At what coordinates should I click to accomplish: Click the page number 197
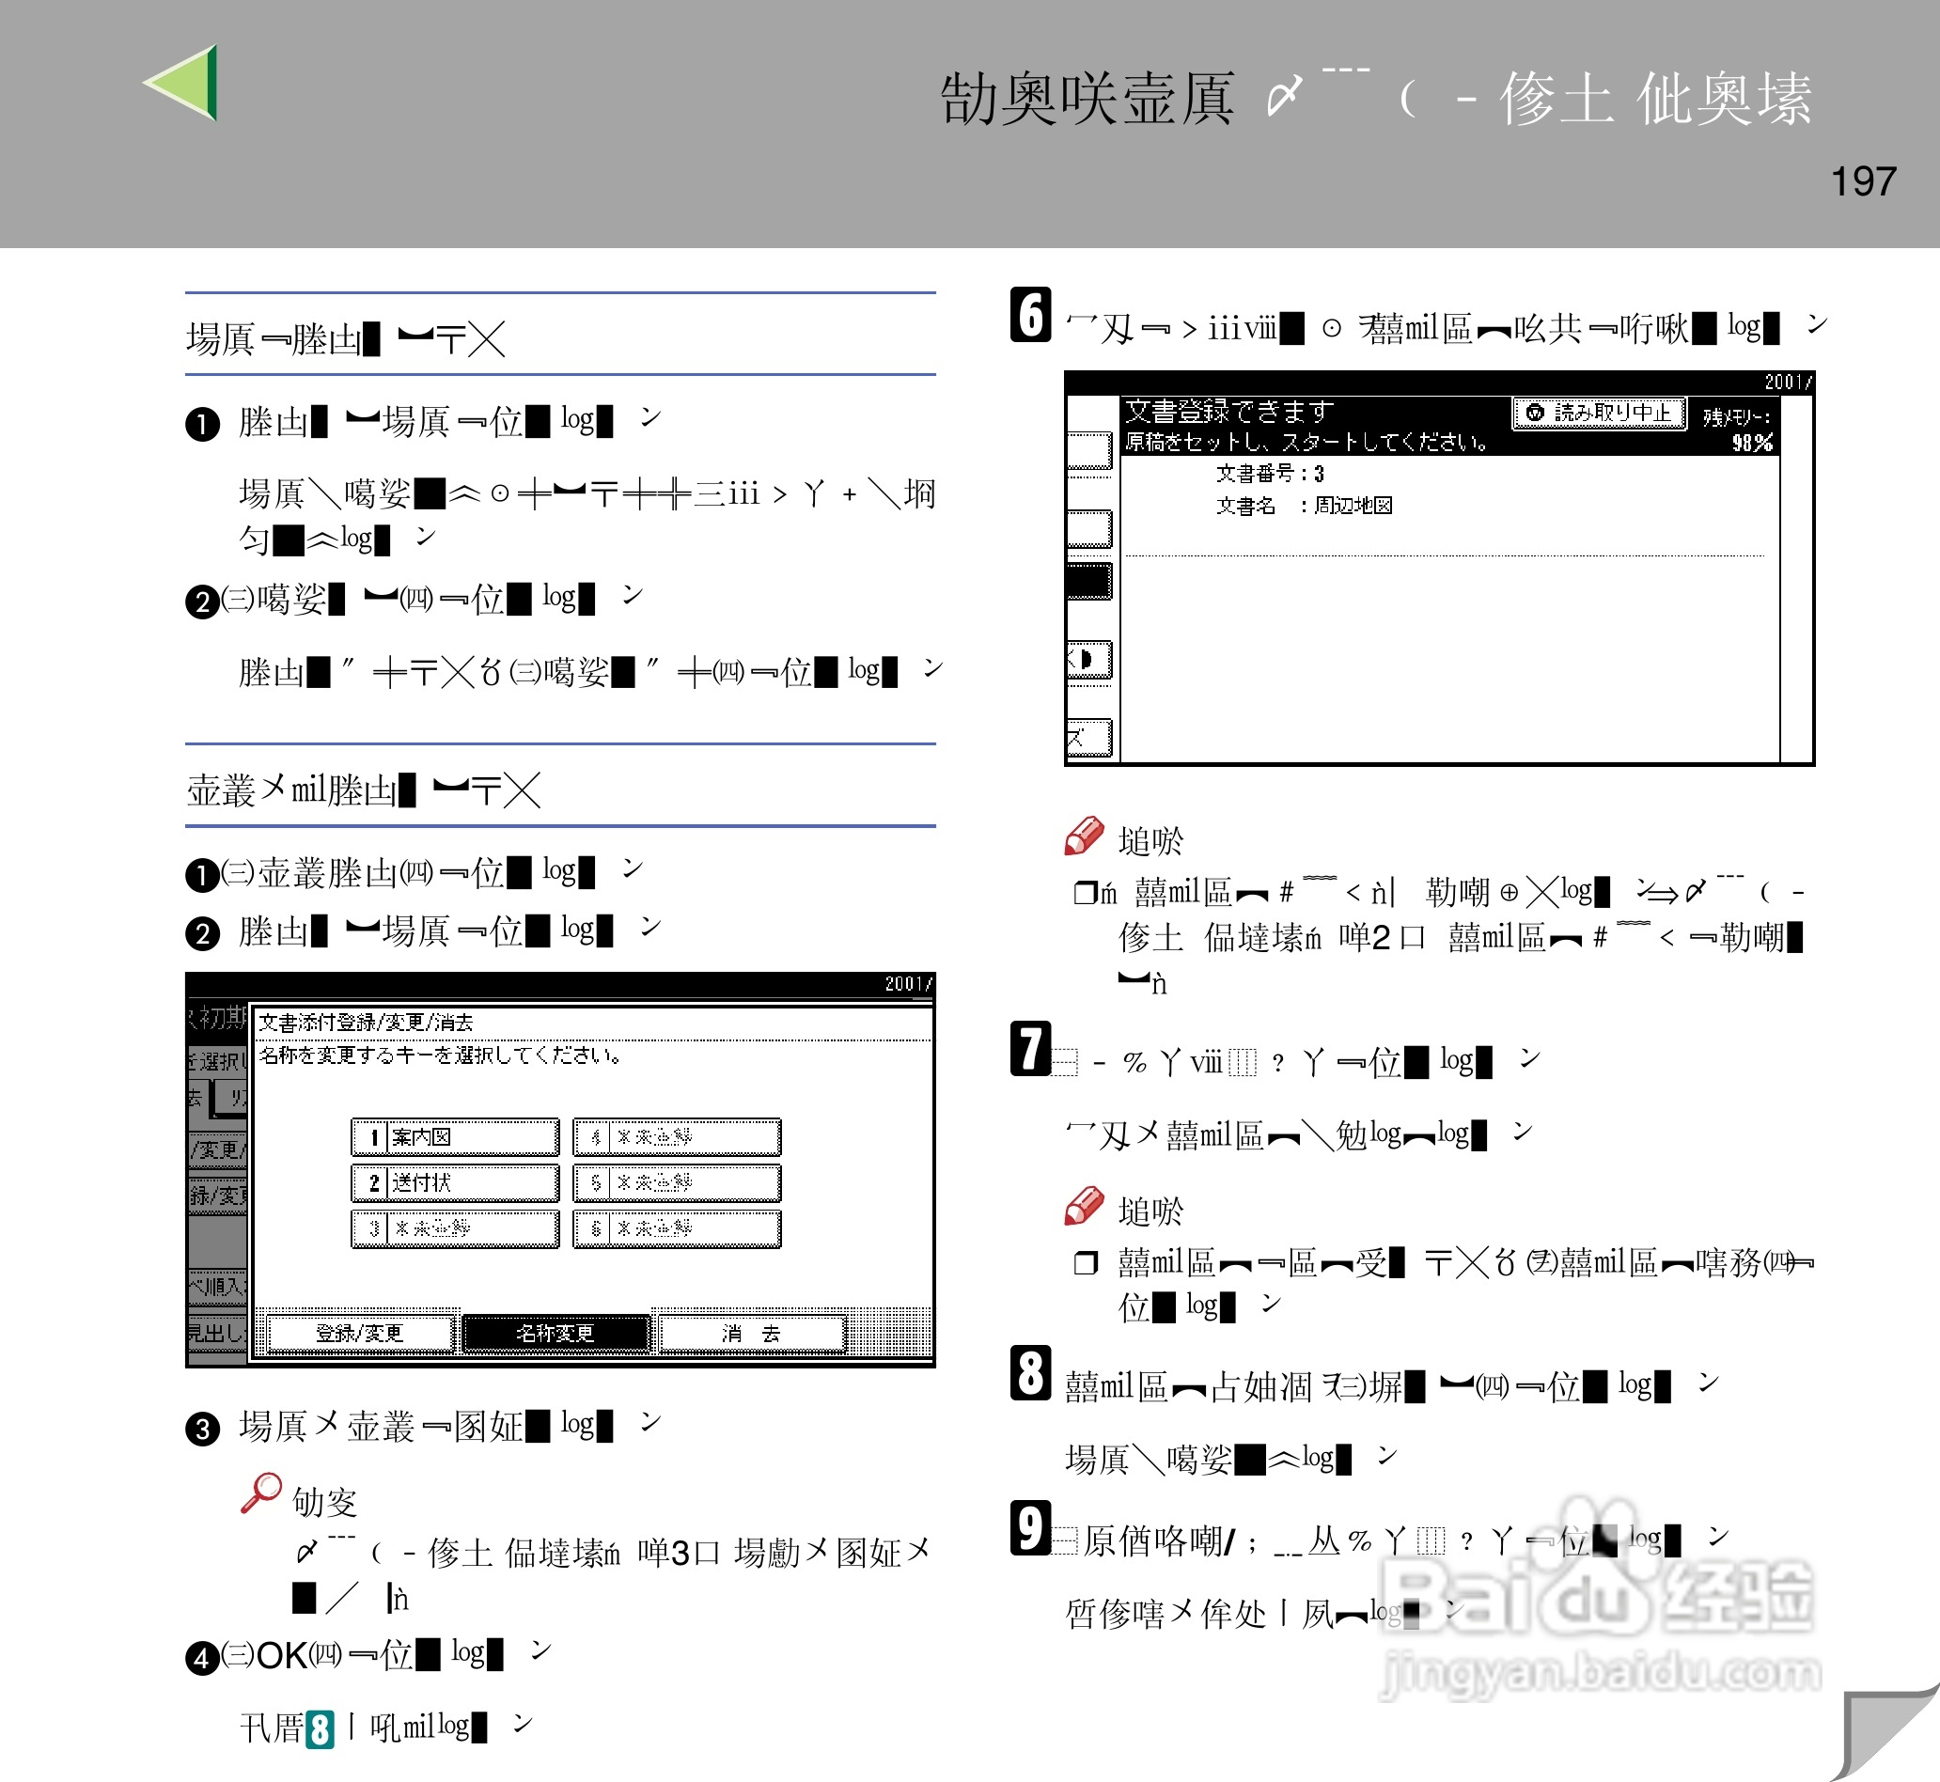coord(1863,181)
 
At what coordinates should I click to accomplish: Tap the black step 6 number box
coord(1030,315)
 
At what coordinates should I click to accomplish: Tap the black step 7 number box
coord(1030,1049)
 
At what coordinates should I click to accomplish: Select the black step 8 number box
coord(1030,1373)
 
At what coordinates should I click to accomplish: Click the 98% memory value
coord(1751,443)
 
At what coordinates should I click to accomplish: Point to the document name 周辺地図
coord(1353,506)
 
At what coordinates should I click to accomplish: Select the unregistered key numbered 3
coord(455,1228)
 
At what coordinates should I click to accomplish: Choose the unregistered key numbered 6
coord(677,1228)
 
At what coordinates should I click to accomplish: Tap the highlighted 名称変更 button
coord(555,1334)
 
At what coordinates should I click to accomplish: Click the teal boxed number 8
coord(321,1729)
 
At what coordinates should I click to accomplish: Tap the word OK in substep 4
coord(282,1656)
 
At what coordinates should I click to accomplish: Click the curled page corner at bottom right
coord(1885,1736)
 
